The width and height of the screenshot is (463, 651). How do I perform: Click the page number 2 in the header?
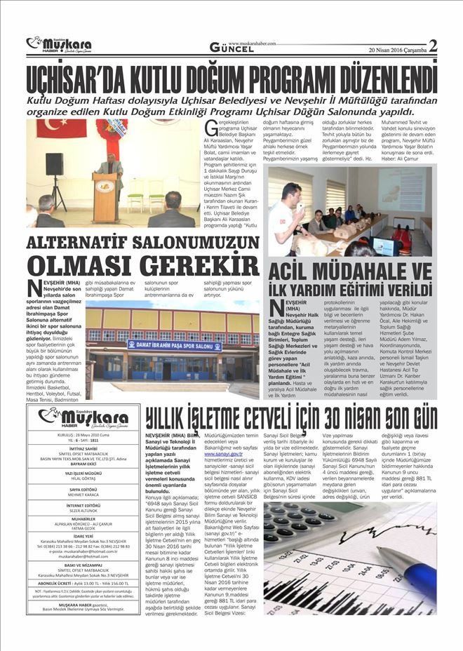point(433,46)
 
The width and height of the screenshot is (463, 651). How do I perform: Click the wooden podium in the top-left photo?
point(105,197)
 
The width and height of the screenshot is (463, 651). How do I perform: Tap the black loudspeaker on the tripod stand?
point(54,165)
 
